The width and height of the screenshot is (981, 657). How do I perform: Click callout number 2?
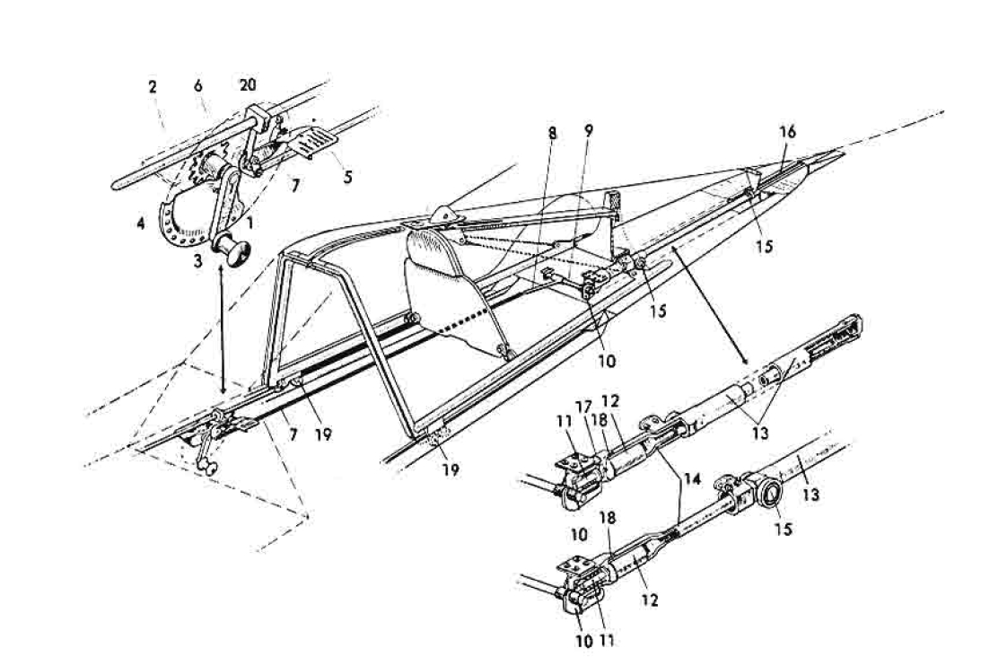tap(153, 87)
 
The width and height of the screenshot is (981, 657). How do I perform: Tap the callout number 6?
tap(198, 86)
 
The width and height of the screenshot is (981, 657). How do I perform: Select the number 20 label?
tap(248, 84)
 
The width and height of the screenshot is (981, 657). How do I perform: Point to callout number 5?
tap(346, 178)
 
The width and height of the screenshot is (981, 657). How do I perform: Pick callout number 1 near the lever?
tap(250, 221)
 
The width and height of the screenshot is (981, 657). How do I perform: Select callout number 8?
tap(553, 132)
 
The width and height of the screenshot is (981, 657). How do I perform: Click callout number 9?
tap(588, 132)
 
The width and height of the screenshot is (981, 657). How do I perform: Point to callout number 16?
tap(787, 131)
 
